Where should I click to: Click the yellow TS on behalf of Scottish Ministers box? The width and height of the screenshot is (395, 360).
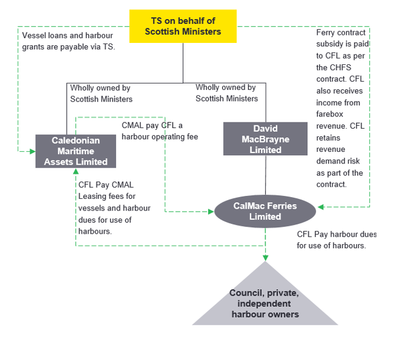(x=183, y=26)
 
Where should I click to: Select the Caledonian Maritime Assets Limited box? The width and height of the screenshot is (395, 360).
(x=75, y=151)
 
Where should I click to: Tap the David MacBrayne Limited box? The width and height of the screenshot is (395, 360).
(x=265, y=139)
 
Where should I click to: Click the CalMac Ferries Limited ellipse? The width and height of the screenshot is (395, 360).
(x=265, y=211)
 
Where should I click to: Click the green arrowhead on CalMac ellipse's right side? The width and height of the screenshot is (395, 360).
(x=321, y=206)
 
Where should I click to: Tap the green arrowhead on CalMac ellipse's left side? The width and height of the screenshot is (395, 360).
(x=211, y=212)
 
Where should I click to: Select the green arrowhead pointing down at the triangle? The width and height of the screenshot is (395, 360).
(x=265, y=257)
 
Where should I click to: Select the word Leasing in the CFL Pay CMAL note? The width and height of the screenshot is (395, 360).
(x=93, y=197)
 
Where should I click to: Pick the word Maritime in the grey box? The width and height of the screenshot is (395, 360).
(x=75, y=151)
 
